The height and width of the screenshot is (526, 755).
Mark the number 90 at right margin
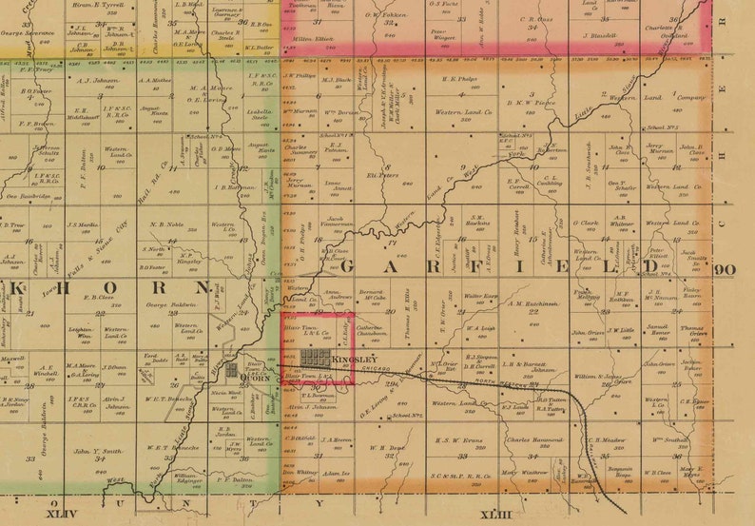[726, 269]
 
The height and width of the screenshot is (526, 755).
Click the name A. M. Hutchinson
[533, 303]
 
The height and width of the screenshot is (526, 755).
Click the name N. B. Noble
[165, 225]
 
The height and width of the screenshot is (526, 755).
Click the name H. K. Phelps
[458, 79]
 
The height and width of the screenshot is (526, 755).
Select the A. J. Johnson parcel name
[98, 81]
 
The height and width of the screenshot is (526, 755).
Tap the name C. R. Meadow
[606, 440]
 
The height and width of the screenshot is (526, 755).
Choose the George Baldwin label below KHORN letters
[163, 304]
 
